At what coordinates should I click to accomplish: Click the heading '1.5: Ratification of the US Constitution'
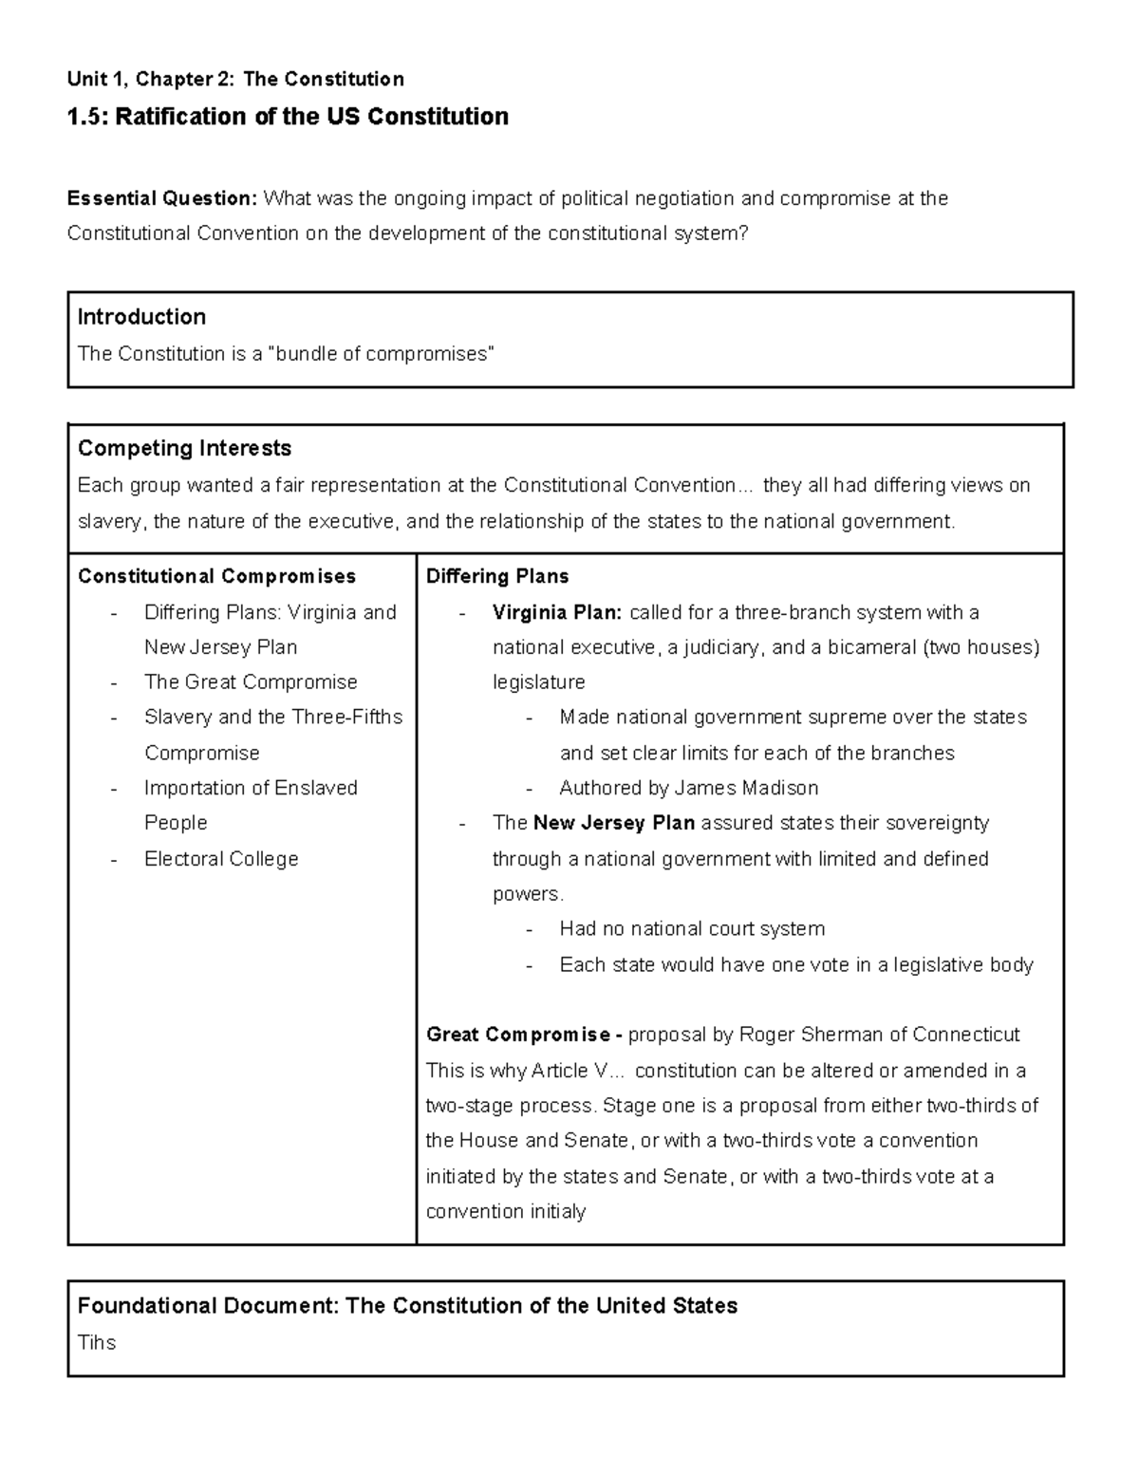pyautogui.click(x=288, y=117)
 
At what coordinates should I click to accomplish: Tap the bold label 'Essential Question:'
pyautogui.click(x=162, y=198)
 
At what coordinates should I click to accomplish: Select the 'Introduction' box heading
pyautogui.click(x=141, y=317)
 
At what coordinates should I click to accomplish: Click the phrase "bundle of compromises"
pyautogui.click(x=382, y=354)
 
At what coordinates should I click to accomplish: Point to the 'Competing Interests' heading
pyautogui.click(x=184, y=448)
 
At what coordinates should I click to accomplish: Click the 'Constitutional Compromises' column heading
pyautogui.click(x=216, y=576)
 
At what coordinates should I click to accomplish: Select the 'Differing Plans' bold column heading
pyautogui.click(x=497, y=576)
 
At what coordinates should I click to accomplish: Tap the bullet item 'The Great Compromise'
pyautogui.click(x=251, y=682)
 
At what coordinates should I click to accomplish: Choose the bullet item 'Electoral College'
pyautogui.click(x=221, y=859)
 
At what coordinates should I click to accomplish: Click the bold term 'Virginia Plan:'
pyautogui.click(x=557, y=612)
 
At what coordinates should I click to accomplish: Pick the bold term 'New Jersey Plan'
pyautogui.click(x=614, y=823)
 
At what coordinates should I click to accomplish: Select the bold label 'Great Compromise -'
pyautogui.click(x=524, y=1035)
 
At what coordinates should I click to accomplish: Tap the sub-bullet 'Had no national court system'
pyautogui.click(x=692, y=929)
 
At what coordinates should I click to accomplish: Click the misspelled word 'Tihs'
pyautogui.click(x=97, y=1343)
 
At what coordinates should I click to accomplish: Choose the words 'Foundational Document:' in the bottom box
pyautogui.click(x=207, y=1306)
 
